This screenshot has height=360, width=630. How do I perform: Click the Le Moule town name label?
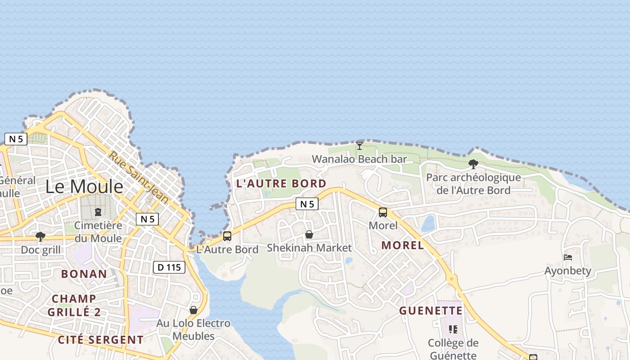[x=84, y=186]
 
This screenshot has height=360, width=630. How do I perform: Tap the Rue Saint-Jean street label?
[x=139, y=177]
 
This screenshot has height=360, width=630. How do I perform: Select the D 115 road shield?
[x=169, y=267]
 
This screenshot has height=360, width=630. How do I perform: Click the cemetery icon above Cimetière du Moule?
[x=98, y=211]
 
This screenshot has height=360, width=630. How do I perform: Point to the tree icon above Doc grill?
[x=40, y=236]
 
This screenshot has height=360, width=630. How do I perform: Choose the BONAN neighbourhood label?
[x=84, y=274]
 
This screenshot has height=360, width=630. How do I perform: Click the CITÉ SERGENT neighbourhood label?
[x=101, y=340]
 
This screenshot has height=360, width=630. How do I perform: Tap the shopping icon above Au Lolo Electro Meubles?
[x=193, y=310]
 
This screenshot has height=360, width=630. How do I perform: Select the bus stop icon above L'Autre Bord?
[x=227, y=236]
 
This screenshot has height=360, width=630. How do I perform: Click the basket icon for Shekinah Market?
[x=309, y=234]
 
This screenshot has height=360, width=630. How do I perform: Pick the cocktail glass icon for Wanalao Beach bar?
[x=360, y=145]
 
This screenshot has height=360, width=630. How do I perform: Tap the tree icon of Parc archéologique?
[x=473, y=164]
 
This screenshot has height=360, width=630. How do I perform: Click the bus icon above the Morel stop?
[x=383, y=212]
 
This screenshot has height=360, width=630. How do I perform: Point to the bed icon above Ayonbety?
[x=568, y=257]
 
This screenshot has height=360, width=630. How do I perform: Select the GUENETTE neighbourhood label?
[x=431, y=310]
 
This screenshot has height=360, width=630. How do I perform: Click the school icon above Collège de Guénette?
[x=453, y=329]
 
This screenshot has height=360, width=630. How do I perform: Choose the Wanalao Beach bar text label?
[x=359, y=159]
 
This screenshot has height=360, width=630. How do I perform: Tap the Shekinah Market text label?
[x=309, y=247]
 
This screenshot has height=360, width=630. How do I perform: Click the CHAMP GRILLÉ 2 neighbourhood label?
[x=74, y=305]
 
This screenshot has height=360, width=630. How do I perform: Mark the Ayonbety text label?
[x=568, y=271]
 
